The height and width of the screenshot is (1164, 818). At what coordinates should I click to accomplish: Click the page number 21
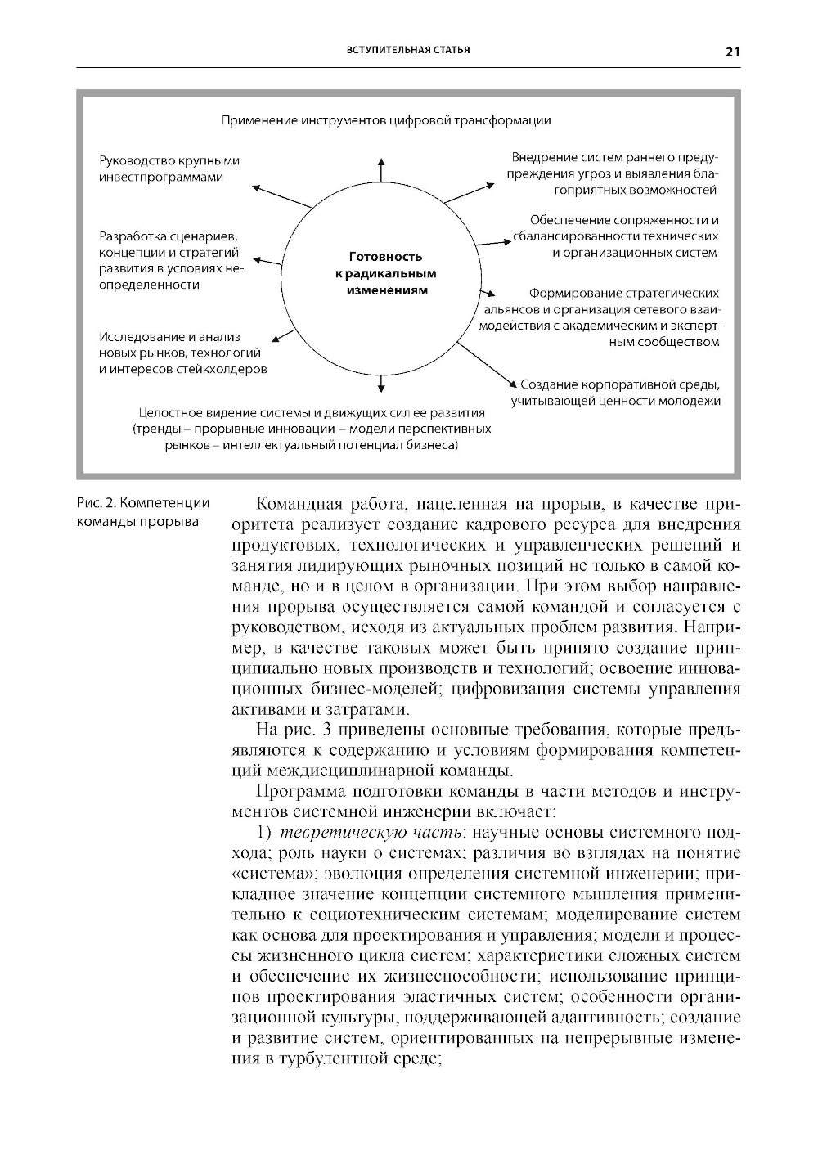(731, 52)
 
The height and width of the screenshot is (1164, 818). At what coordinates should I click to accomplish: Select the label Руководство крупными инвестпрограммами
(169, 169)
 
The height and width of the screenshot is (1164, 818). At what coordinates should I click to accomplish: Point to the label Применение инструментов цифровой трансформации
(386, 120)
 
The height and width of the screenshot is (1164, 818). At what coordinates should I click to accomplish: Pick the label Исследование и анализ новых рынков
(182, 353)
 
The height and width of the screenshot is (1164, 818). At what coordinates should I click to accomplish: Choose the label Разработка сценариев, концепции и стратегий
(171, 260)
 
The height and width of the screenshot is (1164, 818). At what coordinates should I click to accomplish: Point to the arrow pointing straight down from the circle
(381, 383)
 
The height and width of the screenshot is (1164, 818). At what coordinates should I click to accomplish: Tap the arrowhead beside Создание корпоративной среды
(511, 384)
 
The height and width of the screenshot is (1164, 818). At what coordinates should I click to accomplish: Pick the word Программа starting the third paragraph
(299, 791)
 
